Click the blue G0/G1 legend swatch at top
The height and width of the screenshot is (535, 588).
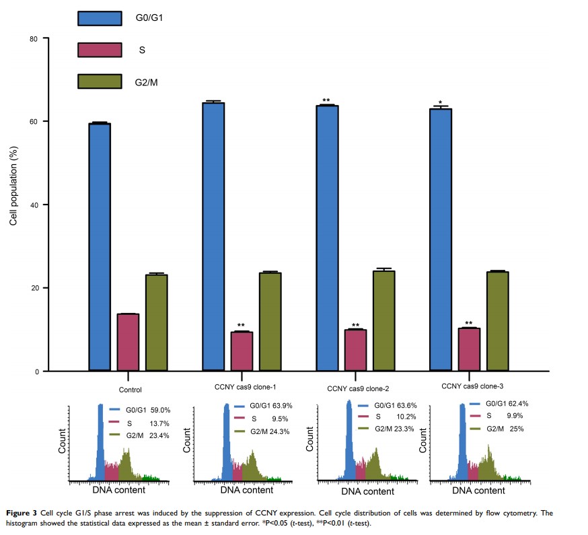pos(100,17)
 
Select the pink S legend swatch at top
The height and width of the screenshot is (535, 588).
pos(100,50)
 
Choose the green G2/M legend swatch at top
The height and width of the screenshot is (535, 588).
pos(100,82)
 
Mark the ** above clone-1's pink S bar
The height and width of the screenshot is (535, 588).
pos(242,326)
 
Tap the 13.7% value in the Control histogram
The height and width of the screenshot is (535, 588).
pos(159,423)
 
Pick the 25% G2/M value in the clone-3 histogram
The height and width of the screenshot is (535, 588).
pos(516,429)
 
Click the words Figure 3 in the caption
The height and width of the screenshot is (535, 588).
pos(22,513)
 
